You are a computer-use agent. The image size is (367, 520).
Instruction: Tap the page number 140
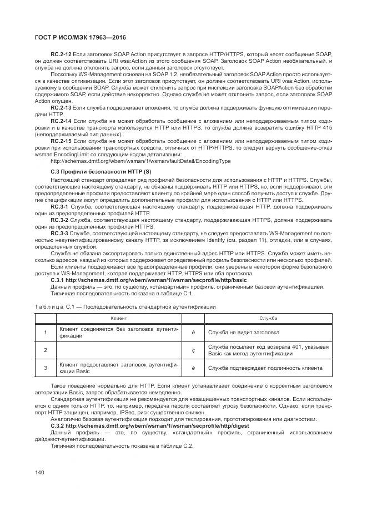40,472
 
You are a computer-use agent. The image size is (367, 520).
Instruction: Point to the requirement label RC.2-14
61,120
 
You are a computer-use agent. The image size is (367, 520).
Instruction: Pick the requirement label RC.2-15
61,141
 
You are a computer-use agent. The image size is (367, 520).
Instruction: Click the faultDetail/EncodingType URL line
140,161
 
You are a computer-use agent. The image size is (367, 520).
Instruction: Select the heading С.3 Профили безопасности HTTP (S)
100,172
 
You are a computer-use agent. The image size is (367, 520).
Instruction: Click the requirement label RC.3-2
60,219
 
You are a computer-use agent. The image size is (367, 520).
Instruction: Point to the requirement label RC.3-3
60,232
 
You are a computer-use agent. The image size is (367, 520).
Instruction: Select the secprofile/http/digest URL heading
150,425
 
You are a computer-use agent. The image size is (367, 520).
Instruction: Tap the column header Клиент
119,318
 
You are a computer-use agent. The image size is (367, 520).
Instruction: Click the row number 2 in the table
46,350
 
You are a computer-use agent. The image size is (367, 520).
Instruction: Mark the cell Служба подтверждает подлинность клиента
258,368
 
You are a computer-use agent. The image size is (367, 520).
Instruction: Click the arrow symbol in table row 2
193,350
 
